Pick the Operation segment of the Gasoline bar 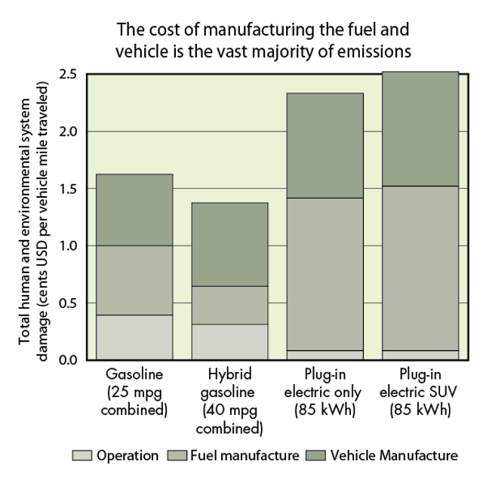134,337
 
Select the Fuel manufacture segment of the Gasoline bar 134,280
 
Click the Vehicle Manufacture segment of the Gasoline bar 134,210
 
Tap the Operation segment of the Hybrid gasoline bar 229,342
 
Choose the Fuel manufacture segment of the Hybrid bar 229,305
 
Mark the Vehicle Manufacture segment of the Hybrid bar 229,245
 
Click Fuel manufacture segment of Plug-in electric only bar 325,274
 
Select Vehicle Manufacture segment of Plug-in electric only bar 325,145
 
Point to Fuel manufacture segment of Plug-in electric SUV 420,268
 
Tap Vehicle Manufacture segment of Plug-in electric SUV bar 420,128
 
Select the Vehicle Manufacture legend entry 392,455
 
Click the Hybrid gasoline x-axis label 229,401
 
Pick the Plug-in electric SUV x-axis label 420,392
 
